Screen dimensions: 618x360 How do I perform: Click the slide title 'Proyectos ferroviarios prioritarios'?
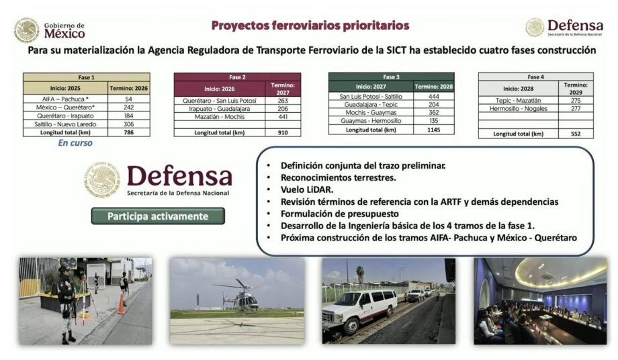pos(310,26)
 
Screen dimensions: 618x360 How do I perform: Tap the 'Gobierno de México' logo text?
pos(64,30)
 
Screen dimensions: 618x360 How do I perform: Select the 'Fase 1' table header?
pos(86,77)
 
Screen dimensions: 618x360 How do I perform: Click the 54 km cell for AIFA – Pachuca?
pos(128,99)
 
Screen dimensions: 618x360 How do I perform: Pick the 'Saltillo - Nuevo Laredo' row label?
pos(65,124)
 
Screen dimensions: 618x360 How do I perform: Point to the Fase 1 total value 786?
pos(128,132)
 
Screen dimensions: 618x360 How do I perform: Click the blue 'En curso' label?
pos(75,143)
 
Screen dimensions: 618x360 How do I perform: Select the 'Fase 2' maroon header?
pos(237,77)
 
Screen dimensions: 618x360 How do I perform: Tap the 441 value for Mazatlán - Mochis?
pos(283,117)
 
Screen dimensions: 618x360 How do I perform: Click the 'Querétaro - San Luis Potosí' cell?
pos(220,101)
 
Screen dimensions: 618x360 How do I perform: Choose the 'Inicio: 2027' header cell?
pos(371,87)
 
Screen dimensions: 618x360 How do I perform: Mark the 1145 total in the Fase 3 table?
pos(433,130)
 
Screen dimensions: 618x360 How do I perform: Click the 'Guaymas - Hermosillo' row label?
pos(371,121)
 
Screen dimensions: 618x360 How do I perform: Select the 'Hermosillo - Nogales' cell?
pos(519,109)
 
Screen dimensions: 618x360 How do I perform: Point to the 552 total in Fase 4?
pos(576,134)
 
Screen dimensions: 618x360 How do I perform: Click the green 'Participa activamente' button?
pos(158,216)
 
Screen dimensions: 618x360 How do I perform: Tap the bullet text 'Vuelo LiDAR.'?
pos(307,189)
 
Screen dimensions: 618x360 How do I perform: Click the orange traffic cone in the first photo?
pos(122,304)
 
